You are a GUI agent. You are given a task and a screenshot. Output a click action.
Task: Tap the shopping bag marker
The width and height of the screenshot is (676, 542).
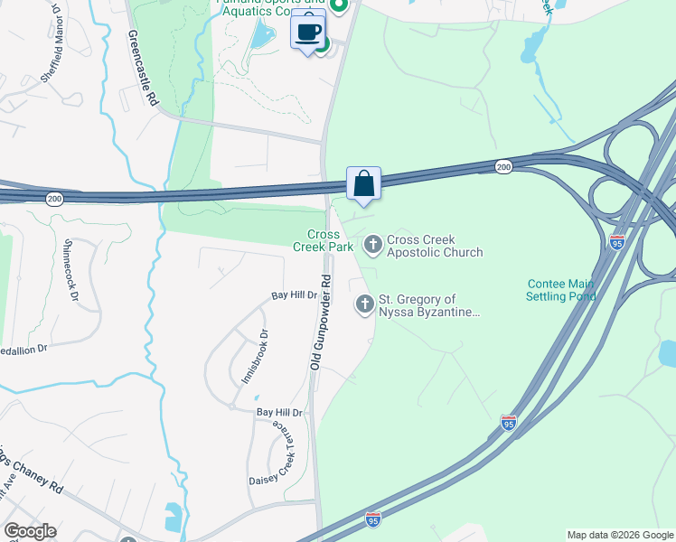(x=363, y=183)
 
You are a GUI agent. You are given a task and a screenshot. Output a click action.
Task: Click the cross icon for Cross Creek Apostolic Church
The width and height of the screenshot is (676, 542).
(x=372, y=244)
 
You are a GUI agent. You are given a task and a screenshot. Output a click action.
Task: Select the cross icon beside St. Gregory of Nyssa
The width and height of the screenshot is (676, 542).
(x=364, y=304)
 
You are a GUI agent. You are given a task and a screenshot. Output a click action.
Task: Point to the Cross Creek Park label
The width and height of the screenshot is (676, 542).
(x=323, y=240)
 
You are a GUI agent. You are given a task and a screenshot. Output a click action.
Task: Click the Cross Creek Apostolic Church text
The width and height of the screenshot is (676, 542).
(x=435, y=247)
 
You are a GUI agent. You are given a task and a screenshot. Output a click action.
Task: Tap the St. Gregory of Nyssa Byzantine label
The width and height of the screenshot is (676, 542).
(x=429, y=305)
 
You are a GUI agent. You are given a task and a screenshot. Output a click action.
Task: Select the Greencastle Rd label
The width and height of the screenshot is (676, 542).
(x=144, y=69)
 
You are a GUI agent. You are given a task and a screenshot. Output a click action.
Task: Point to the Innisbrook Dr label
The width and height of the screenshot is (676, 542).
(x=255, y=357)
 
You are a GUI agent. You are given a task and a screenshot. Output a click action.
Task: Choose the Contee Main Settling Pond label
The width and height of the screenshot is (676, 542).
(x=561, y=290)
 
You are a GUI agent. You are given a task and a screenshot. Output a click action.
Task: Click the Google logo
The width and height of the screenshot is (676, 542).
(x=30, y=531)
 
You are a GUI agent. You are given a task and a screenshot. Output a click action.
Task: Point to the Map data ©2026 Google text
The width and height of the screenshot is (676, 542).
(x=620, y=535)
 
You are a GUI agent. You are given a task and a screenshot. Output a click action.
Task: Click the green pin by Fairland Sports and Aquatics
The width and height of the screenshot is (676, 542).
(x=339, y=7)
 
